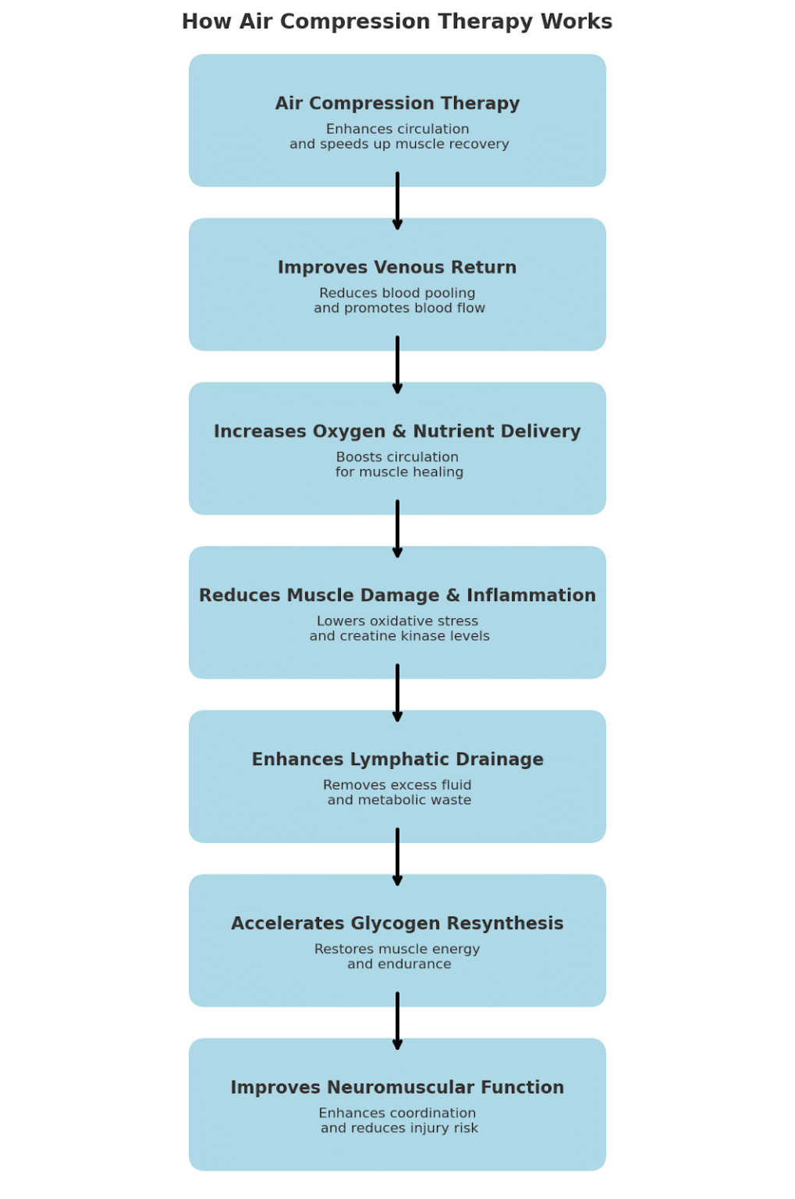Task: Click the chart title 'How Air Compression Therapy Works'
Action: [397, 21]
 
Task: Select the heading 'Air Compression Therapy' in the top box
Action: [397, 103]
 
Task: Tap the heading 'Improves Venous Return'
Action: [397, 267]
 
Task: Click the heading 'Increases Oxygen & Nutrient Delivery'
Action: [397, 431]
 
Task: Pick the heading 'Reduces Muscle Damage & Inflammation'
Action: [397, 595]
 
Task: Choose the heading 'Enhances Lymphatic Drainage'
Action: [397, 759]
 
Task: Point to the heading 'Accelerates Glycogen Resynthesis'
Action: [397, 923]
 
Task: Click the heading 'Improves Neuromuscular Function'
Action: [397, 1087]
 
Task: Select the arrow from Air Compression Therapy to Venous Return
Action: [397, 201]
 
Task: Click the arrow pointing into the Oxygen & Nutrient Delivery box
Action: [397, 365]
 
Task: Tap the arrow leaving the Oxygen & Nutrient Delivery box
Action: [397, 529]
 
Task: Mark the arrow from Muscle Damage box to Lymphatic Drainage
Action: [397, 693]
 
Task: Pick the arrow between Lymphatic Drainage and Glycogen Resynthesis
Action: [397, 857]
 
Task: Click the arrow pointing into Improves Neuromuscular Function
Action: [397, 1021]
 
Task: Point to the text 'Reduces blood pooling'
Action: [397, 293]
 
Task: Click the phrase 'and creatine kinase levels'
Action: [399, 636]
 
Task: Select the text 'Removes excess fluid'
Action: [397, 785]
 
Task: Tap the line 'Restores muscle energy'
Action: [397, 948]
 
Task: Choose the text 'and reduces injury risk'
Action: [399, 1128]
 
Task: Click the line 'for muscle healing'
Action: [399, 472]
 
